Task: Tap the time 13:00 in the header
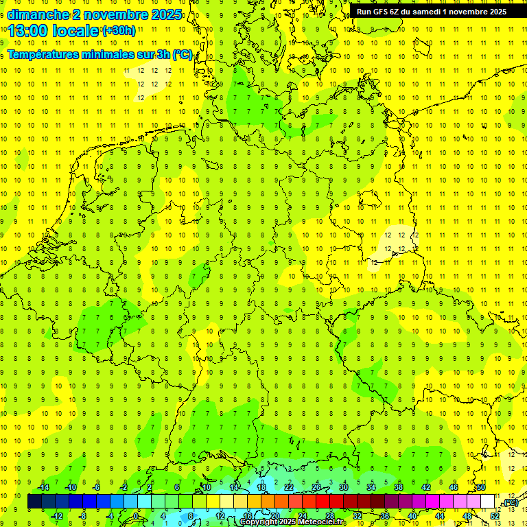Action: coord(29,30)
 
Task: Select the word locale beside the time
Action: coord(77,30)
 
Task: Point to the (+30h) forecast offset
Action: coord(119,30)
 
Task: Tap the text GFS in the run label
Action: coord(385,12)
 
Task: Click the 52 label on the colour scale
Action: coord(494,515)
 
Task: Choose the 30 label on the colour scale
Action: coord(344,487)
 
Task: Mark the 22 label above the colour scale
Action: coord(289,487)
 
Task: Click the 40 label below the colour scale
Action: coord(412,515)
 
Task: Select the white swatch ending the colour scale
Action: coord(488,502)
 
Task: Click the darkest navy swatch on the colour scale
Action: coord(34,502)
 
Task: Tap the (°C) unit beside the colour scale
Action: coord(510,502)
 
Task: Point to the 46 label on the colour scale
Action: coord(453,487)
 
